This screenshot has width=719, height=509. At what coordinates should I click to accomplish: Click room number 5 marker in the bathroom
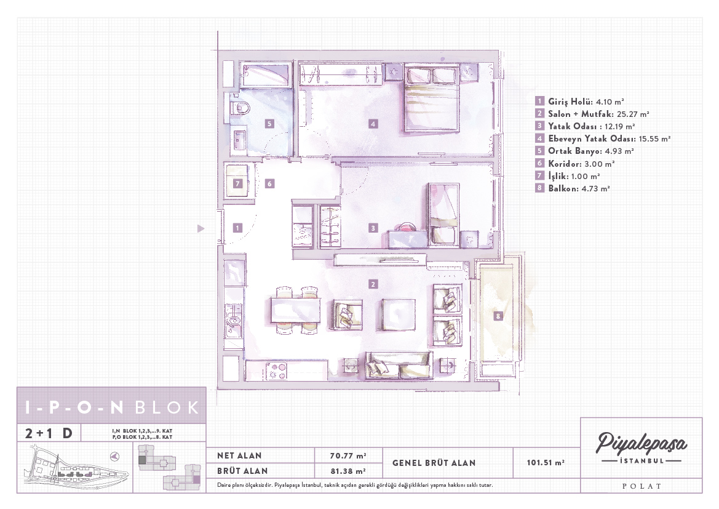[269, 124]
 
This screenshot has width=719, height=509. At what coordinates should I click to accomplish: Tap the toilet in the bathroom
[240, 108]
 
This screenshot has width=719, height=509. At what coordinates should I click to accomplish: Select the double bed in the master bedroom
[432, 98]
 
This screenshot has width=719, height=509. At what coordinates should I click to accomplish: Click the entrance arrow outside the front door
[201, 228]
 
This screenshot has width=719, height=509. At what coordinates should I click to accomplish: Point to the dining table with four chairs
[296, 310]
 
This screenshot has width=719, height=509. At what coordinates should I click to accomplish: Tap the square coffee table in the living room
[398, 315]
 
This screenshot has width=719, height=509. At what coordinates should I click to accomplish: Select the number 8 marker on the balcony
[498, 316]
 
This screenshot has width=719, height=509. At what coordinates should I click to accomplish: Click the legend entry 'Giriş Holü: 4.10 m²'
[579, 102]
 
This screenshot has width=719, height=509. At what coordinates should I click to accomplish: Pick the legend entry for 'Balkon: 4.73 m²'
[573, 188]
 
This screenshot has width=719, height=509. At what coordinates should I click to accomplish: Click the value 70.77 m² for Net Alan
[348, 455]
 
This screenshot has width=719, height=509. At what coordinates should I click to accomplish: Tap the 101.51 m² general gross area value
[545, 463]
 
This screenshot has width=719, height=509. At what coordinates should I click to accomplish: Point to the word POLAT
[642, 486]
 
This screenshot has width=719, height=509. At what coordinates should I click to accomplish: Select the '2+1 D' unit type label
[49, 433]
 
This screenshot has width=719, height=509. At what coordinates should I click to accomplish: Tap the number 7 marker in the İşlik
[237, 183]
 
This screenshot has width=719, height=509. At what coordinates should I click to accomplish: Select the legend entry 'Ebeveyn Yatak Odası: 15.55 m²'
[603, 138]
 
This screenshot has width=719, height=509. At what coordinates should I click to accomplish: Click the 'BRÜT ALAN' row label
[242, 471]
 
